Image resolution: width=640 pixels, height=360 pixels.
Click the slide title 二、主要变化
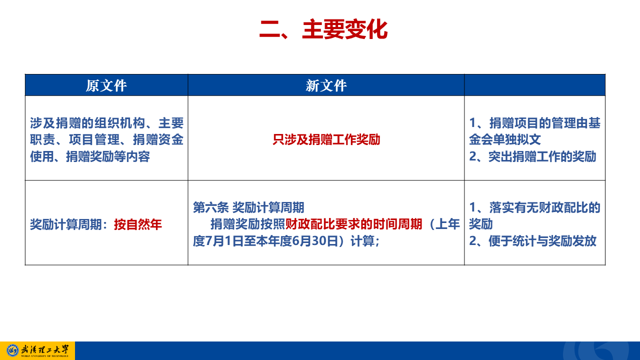tap(323, 29)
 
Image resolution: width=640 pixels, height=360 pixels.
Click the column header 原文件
tap(106, 85)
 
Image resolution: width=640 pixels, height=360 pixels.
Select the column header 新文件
tap(326, 85)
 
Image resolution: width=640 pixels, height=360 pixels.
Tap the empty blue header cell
tap(535, 85)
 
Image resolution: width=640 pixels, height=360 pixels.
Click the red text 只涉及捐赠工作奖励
tap(326, 139)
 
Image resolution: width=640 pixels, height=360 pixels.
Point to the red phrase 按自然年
tap(138, 224)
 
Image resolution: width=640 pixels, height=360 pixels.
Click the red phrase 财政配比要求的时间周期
tap(354, 224)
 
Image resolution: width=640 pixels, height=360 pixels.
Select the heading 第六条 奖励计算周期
tap(248, 207)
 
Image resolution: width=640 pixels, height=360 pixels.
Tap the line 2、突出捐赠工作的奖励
tap(533, 156)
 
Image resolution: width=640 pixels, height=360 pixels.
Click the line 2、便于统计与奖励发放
tap(533, 241)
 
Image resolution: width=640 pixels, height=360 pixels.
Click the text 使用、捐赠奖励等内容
tap(90, 156)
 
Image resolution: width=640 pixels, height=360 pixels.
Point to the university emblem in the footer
tap(12, 350)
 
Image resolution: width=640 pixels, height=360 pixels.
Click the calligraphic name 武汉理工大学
tap(45, 349)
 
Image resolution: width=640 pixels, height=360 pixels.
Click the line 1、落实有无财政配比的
tap(535, 207)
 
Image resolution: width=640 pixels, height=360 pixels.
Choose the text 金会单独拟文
tap(505, 139)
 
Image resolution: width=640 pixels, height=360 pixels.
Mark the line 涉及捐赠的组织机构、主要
tap(107, 123)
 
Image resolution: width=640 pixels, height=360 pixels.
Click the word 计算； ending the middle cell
tap(365, 241)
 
